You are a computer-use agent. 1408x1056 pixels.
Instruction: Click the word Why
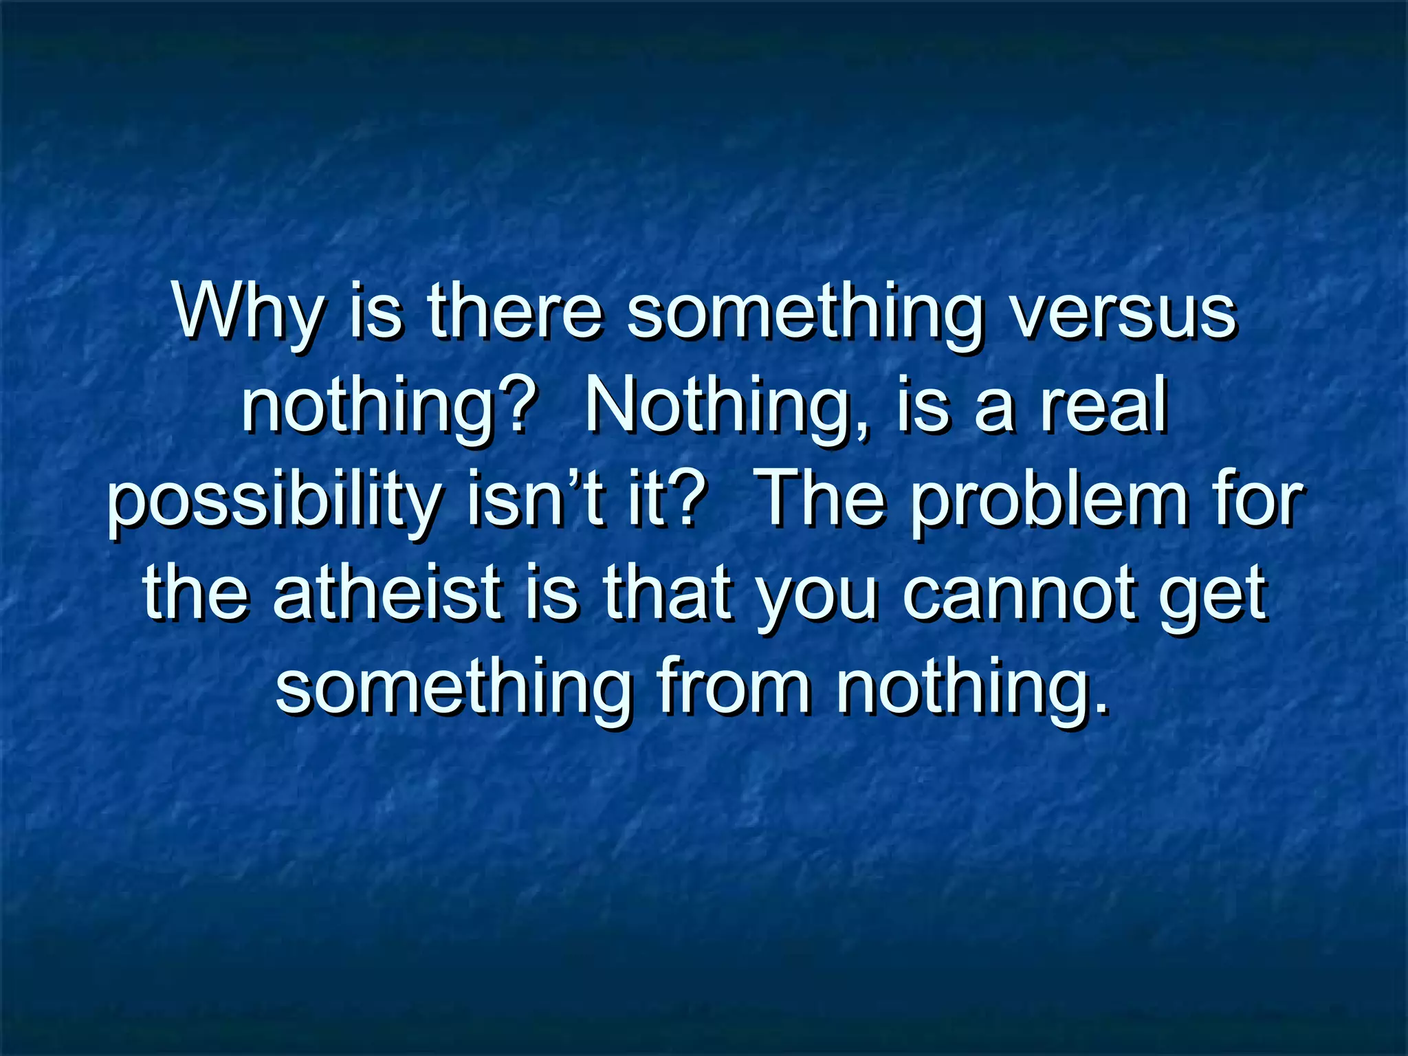pyautogui.click(x=247, y=313)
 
